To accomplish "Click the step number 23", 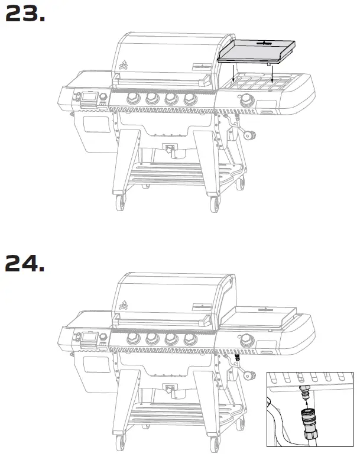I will click(x=25, y=15).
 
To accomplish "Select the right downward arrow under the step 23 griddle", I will click(x=271, y=75).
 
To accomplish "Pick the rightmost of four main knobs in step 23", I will click(x=189, y=99).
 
